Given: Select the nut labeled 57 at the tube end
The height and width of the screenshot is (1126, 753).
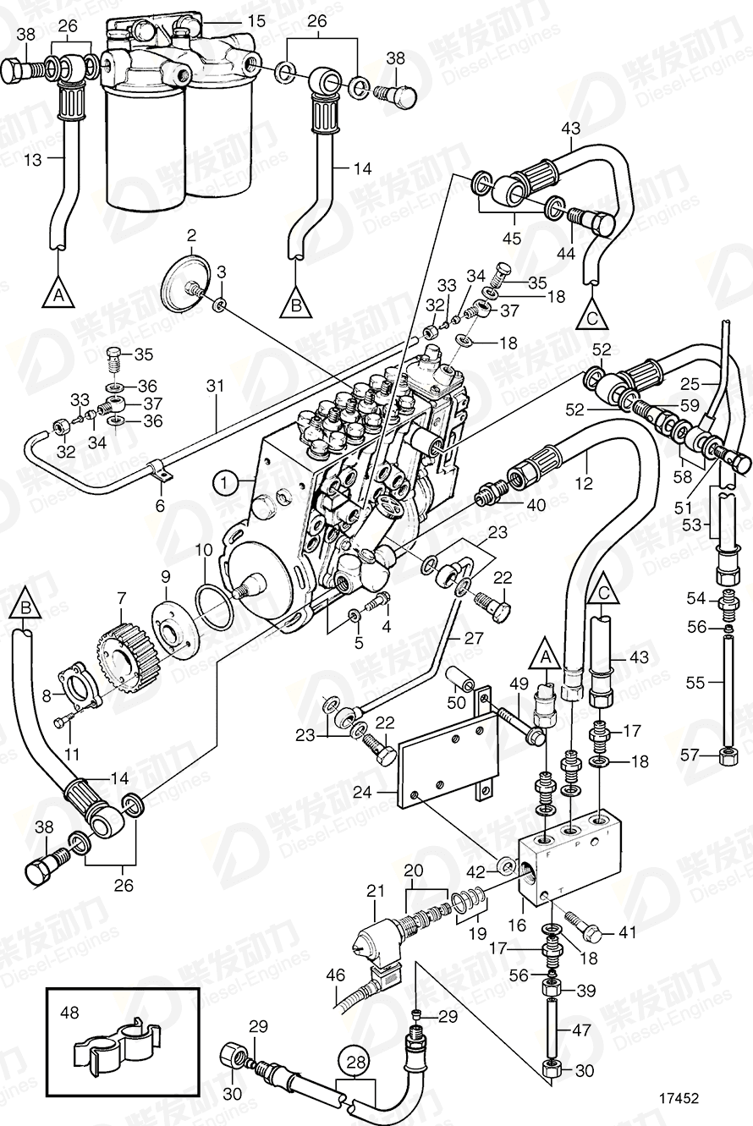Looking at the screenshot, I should pos(725,752).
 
